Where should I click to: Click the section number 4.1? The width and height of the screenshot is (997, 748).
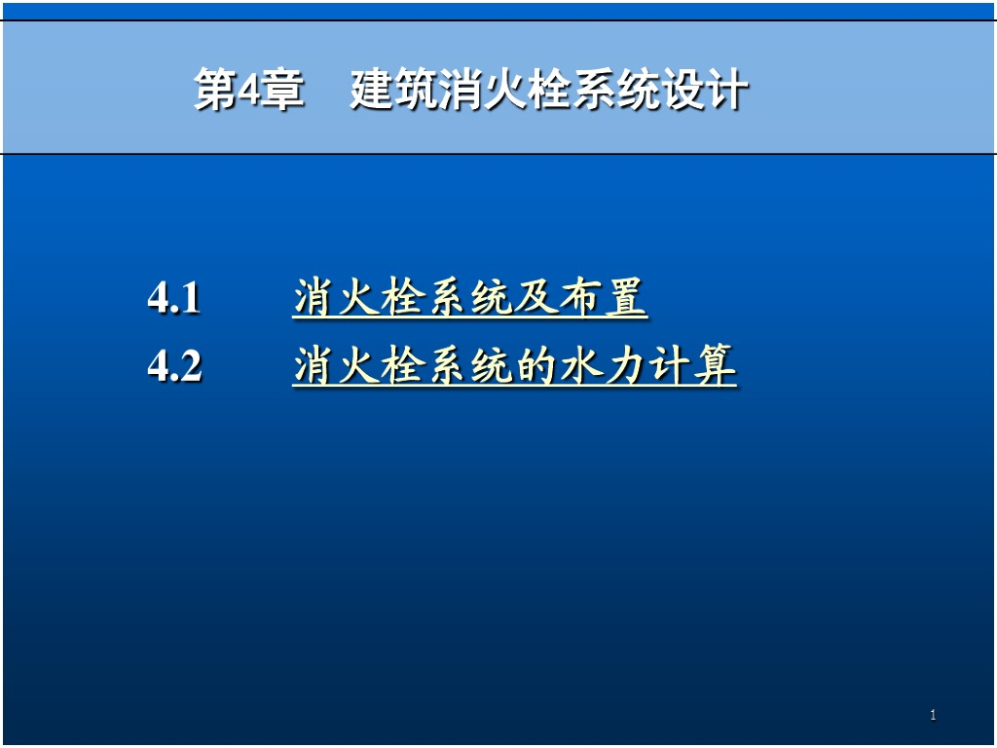coord(174,298)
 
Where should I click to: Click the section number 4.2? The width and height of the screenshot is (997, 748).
coord(175,367)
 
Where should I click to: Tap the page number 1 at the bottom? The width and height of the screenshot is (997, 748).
coord(933,716)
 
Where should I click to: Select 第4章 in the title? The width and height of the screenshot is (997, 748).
coord(249,92)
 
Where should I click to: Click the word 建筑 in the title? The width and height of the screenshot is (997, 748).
coord(396,92)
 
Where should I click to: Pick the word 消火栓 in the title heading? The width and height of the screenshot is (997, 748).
coord(507,92)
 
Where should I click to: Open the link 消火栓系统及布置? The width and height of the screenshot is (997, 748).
coord(469,298)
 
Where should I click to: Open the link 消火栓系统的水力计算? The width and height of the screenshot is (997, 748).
coord(514,367)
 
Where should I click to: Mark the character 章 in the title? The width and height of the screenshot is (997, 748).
coord(283,92)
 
